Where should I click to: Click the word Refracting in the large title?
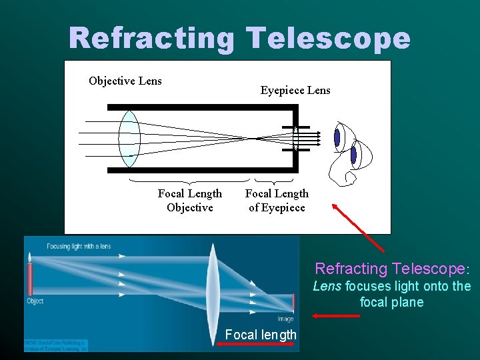151,39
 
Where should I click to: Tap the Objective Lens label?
125,81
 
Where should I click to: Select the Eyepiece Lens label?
295,90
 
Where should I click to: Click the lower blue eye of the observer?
354,155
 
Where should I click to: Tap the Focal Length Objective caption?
190,201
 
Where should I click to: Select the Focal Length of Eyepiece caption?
277,201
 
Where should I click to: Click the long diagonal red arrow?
360,229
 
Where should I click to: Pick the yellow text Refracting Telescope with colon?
393,269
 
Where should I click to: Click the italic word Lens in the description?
327,287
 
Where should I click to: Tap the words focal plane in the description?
391,302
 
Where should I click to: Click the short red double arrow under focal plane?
327,316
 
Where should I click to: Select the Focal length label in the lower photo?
261,335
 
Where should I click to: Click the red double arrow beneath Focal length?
257,344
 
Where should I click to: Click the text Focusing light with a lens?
79,247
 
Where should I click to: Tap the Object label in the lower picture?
35,301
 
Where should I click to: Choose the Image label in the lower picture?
285,319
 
